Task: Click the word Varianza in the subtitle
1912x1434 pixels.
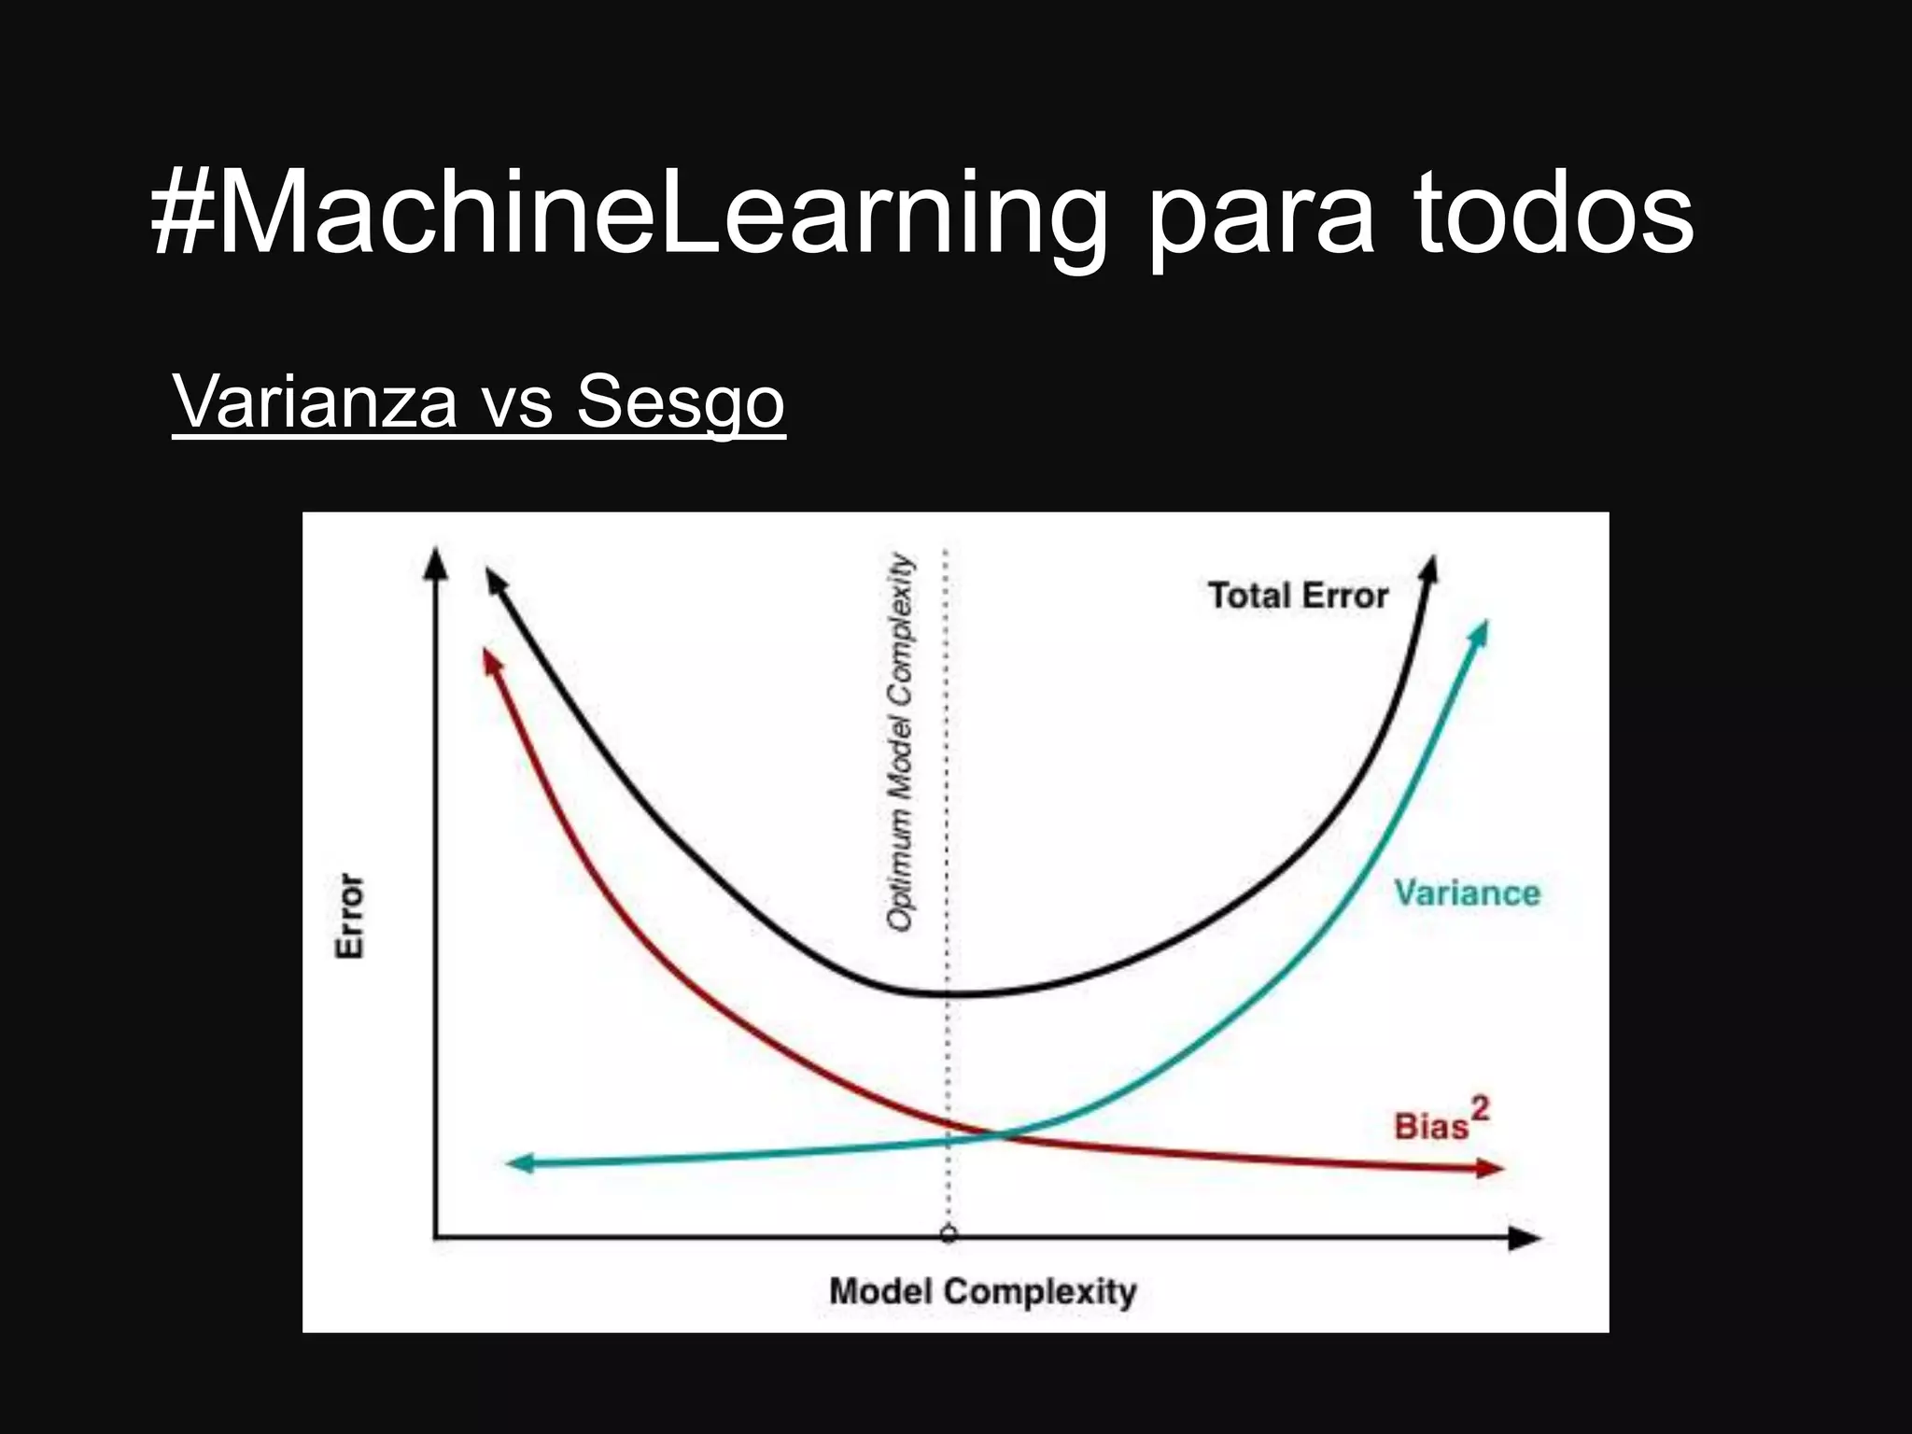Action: pyautogui.click(x=315, y=401)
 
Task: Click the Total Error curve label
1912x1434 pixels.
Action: pyautogui.click(x=1298, y=596)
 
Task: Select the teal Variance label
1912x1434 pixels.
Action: pyautogui.click(x=1467, y=893)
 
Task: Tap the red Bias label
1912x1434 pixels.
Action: pyautogui.click(x=1430, y=1126)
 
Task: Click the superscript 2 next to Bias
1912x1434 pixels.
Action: pyautogui.click(x=1480, y=1109)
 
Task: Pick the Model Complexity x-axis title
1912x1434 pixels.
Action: pyautogui.click(x=982, y=1292)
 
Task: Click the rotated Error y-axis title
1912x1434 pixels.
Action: pyautogui.click(x=350, y=915)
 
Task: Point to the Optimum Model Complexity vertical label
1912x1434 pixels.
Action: pyautogui.click(x=900, y=742)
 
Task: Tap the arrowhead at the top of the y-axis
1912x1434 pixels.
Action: pyautogui.click(x=435, y=562)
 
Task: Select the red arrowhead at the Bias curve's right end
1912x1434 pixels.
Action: pyautogui.click(x=1490, y=1168)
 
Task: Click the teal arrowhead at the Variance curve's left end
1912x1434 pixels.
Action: pyautogui.click(x=519, y=1163)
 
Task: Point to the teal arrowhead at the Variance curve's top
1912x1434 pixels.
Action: pyautogui.click(x=1479, y=632)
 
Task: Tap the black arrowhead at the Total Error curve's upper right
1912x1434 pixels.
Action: pyautogui.click(x=1429, y=569)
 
